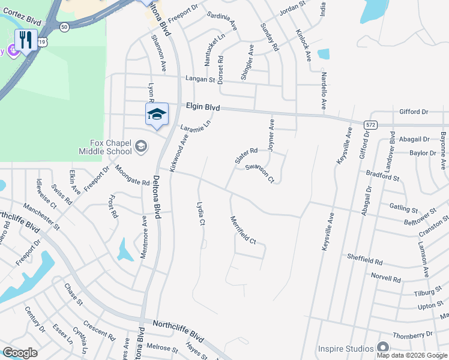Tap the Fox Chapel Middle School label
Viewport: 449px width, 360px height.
[x=102, y=147]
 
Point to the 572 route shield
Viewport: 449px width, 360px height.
[x=370, y=124]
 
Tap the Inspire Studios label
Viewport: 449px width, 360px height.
[x=345, y=348]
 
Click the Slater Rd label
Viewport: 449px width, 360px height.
[x=246, y=155]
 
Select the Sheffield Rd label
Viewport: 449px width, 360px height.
[x=365, y=259]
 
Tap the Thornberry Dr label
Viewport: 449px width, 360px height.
[x=412, y=334]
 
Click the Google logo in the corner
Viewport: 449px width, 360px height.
[x=20, y=353]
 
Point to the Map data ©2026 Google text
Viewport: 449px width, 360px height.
[x=412, y=355]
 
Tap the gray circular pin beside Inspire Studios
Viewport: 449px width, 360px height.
[x=382, y=348]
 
